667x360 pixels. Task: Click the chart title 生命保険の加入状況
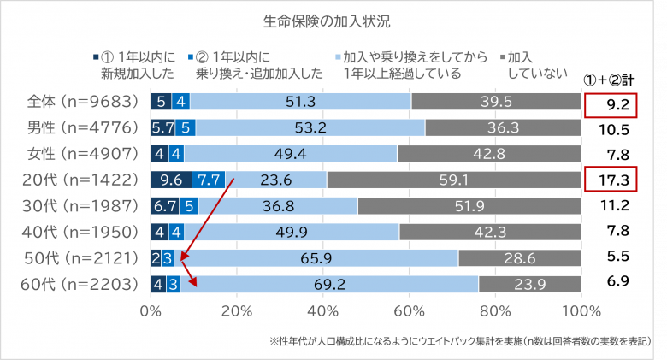click(x=333, y=19)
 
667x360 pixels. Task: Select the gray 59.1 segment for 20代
click(x=453, y=180)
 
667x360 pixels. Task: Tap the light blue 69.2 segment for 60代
click(x=329, y=283)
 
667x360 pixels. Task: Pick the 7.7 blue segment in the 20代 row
click(x=208, y=180)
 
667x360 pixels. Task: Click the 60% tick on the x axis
click(x=410, y=310)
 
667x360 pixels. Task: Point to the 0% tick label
click(x=151, y=310)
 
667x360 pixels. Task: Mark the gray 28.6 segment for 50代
click(x=519, y=257)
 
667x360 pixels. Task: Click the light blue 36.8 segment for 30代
click(x=279, y=206)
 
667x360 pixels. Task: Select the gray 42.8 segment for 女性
click(x=489, y=155)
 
